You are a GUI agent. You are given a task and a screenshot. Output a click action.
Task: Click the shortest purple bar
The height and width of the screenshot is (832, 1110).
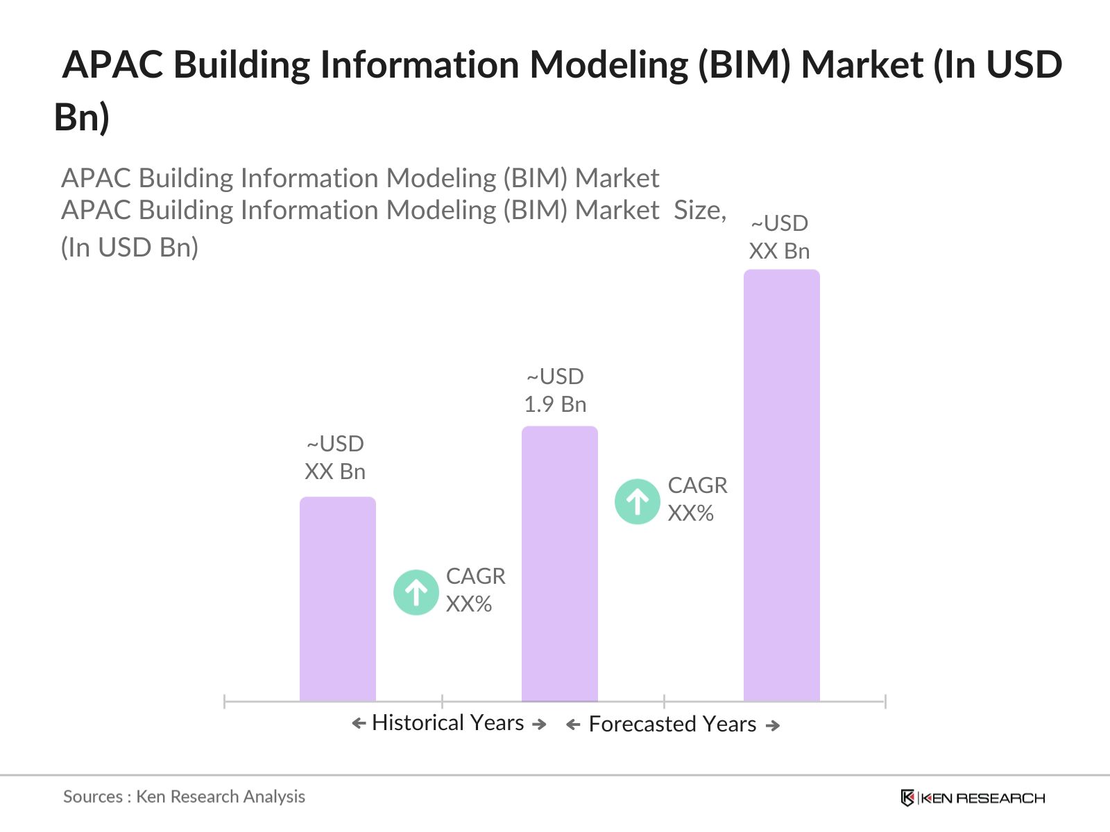point(338,600)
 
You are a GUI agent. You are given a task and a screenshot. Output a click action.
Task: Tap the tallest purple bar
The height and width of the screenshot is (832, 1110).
point(781,485)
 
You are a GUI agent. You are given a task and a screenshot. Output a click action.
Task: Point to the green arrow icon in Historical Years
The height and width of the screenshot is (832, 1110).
point(416,593)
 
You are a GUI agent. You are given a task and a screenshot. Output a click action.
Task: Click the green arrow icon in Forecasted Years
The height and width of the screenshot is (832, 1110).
point(637,501)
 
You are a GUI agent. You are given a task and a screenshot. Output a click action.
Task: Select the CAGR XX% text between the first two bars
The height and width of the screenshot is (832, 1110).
point(475,590)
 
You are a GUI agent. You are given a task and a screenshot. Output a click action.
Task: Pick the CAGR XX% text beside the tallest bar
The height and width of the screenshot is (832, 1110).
point(697,499)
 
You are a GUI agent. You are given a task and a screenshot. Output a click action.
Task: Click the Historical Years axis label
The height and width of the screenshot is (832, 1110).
point(448,723)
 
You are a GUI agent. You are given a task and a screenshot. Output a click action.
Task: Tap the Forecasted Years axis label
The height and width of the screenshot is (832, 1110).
point(672,725)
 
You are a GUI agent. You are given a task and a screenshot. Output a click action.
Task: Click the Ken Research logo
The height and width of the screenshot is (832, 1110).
point(973,798)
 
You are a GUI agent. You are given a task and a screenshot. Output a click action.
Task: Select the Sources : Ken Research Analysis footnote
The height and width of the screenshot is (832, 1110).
point(184,797)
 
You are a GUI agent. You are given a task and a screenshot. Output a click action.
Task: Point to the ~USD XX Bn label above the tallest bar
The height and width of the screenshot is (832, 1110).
point(779,237)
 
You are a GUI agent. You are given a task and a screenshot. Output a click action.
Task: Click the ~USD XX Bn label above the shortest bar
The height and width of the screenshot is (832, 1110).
point(335,458)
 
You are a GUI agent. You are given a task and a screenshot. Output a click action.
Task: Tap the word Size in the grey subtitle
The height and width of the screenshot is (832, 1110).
point(699,210)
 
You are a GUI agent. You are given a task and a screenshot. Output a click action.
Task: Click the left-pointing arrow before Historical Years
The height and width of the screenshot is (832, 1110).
point(359,724)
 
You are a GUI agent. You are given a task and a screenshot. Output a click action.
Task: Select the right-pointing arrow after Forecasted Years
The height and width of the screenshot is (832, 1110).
point(773,726)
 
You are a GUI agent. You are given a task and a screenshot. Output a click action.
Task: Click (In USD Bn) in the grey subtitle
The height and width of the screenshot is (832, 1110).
point(130,248)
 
